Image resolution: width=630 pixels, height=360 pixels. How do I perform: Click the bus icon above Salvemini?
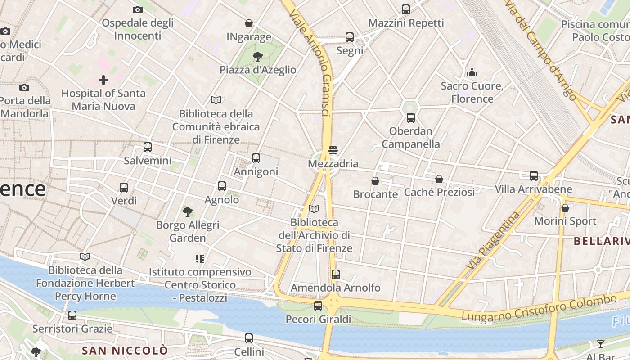[x=147, y=147]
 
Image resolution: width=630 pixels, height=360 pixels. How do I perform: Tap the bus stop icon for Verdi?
[x=123, y=187]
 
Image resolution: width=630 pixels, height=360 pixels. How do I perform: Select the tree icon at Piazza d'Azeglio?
[x=258, y=56]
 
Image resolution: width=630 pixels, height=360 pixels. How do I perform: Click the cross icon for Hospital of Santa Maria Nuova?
[x=103, y=80]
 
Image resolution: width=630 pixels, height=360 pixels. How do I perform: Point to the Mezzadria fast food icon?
[x=333, y=150]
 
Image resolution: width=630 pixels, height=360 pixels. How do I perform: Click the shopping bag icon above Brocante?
[x=375, y=181]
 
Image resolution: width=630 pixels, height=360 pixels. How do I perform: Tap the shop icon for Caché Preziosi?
[x=439, y=179]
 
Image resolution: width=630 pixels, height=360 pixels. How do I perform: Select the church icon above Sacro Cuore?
[x=472, y=72]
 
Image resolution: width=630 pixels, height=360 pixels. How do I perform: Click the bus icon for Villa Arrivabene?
[x=534, y=175]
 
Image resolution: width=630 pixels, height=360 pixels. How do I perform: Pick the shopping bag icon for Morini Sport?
[x=565, y=208]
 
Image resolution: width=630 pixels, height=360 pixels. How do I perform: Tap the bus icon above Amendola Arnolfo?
[x=335, y=274]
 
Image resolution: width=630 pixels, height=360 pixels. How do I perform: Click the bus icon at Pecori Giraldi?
[x=318, y=306]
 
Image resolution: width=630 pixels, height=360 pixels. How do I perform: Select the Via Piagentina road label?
[x=493, y=241]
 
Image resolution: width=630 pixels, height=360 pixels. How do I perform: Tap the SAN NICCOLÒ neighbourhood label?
[x=125, y=351]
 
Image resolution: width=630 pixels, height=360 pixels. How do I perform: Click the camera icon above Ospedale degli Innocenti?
[x=138, y=9]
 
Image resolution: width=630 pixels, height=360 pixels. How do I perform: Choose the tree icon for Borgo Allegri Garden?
[x=188, y=211]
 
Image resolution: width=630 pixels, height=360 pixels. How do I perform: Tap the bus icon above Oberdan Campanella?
[x=410, y=118]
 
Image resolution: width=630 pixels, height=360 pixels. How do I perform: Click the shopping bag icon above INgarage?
[x=248, y=23]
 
